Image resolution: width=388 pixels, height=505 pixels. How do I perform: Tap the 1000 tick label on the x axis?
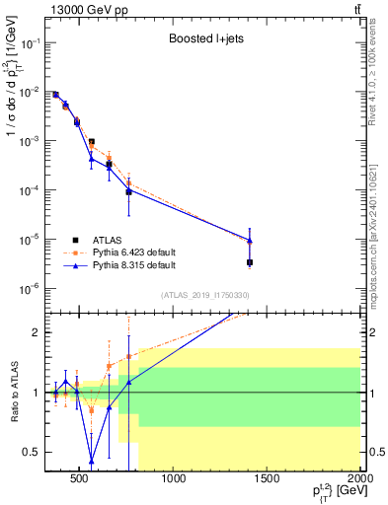(x=175, y=479)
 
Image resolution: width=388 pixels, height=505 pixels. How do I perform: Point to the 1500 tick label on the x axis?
(x=268, y=479)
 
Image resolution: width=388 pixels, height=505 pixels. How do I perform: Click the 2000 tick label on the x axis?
(x=360, y=479)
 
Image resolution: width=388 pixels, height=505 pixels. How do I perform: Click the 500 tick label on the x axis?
(x=82, y=479)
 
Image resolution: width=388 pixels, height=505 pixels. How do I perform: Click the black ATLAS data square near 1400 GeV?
(x=250, y=262)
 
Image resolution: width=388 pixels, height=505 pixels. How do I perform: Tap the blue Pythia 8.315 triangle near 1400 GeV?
(x=250, y=240)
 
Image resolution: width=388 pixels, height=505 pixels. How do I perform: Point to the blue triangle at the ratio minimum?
(x=92, y=461)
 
